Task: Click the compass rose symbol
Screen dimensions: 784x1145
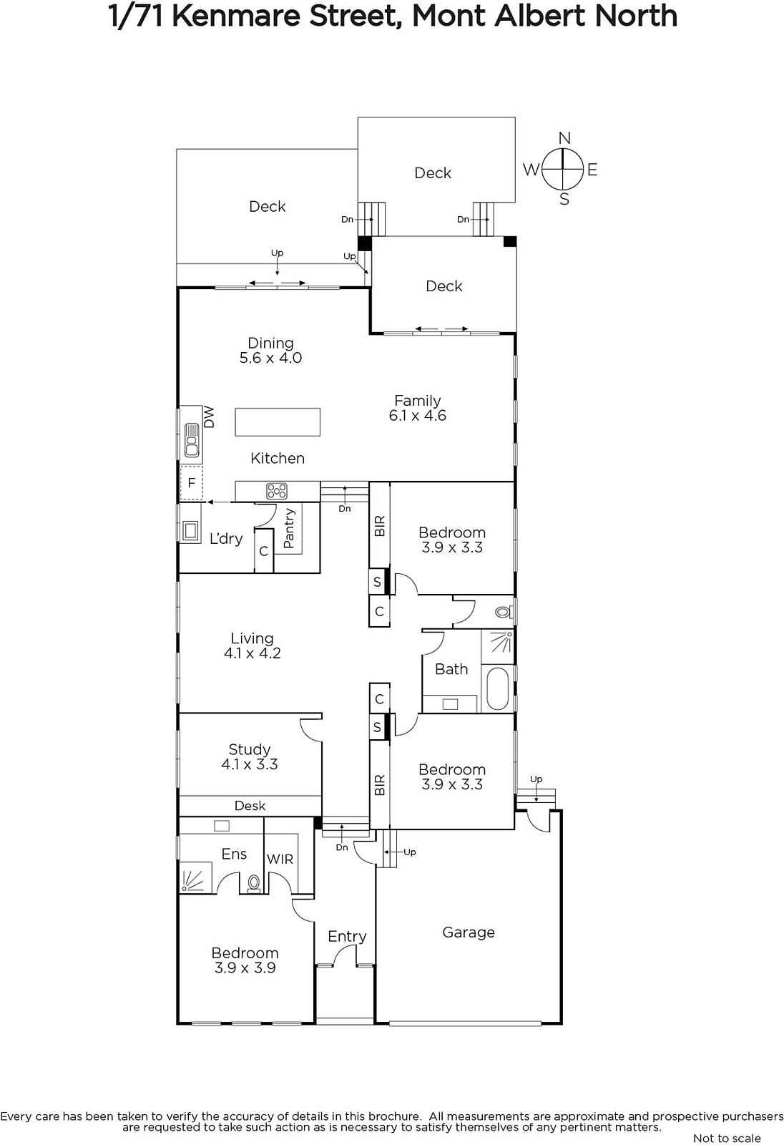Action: [x=562, y=168]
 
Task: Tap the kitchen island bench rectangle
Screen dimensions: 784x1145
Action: [x=278, y=422]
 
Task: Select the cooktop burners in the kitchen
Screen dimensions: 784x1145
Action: [x=277, y=491]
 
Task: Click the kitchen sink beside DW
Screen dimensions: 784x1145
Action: [x=192, y=439]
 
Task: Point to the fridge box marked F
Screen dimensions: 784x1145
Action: [x=191, y=482]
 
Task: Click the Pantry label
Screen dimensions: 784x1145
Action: [x=289, y=528]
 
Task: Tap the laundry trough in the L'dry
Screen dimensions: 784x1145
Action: [x=190, y=530]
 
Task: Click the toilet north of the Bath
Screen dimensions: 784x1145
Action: [x=504, y=611]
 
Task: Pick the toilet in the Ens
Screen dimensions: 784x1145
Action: [x=253, y=882]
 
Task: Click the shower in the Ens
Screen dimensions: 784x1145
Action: [x=195, y=877]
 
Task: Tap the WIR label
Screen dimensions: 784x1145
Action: [x=280, y=859]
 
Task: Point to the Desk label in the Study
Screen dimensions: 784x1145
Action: [x=250, y=806]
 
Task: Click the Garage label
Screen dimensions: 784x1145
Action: [x=469, y=932]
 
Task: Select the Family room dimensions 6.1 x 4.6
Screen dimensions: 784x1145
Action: [x=418, y=415]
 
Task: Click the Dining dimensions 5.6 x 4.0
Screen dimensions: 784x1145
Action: [x=271, y=357]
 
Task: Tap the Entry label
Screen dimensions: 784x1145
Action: [x=347, y=937]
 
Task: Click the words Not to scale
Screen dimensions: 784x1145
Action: [x=727, y=1138]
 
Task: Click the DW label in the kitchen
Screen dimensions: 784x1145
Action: [x=209, y=417]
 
